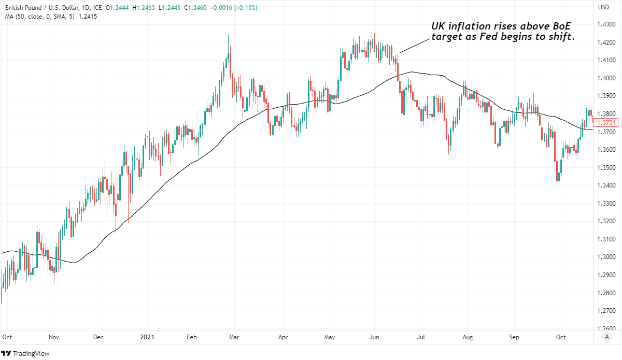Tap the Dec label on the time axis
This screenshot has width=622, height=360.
click(x=99, y=337)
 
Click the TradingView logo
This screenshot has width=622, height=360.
click(x=28, y=353)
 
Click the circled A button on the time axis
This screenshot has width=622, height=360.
click(x=606, y=337)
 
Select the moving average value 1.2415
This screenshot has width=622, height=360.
click(x=88, y=16)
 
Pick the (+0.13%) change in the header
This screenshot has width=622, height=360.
click(x=244, y=8)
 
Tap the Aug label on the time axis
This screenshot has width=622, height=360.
click(x=468, y=337)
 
